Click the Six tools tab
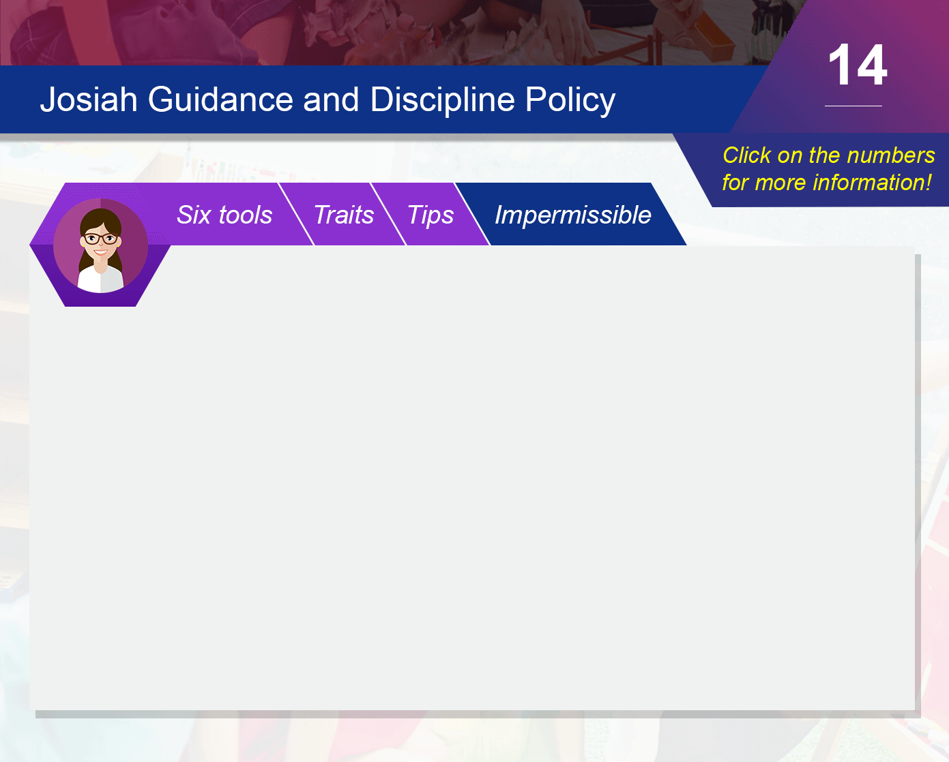pyautogui.click(x=224, y=215)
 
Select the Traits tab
pyautogui.click(x=344, y=215)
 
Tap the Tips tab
pyautogui.click(x=430, y=215)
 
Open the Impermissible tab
pyautogui.click(x=572, y=215)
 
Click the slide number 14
pyautogui.click(x=858, y=65)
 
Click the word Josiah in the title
pyautogui.click(x=89, y=100)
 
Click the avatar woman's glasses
pyautogui.click(x=101, y=239)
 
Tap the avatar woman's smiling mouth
pyautogui.click(x=100, y=253)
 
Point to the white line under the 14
pyautogui.click(x=853, y=106)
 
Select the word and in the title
pyautogui.click(x=331, y=100)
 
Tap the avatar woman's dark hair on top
pyautogui.click(x=100, y=217)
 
